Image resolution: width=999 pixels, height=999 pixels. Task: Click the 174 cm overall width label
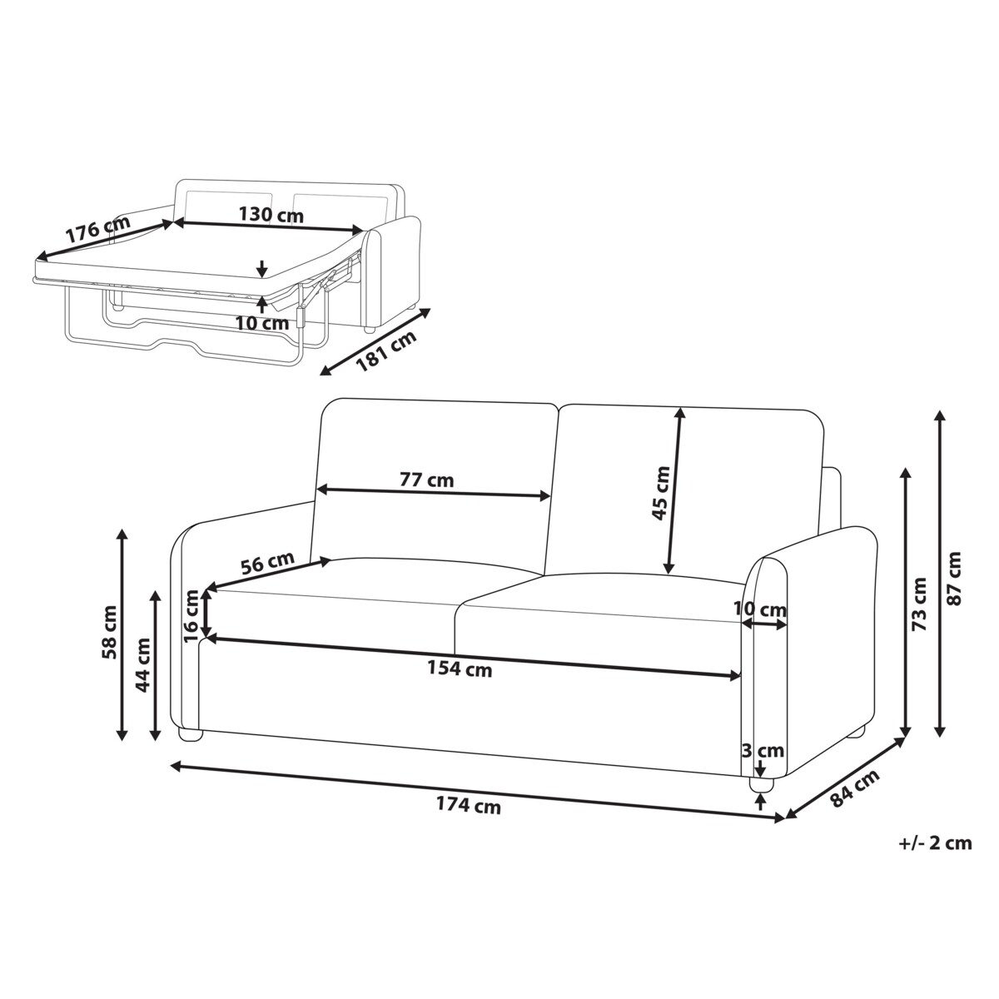click(x=468, y=805)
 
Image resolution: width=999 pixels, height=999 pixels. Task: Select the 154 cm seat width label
click(x=460, y=668)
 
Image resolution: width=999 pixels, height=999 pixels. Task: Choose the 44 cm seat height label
click(x=142, y=665)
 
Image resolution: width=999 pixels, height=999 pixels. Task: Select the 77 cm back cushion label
click(x=426, y=480)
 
